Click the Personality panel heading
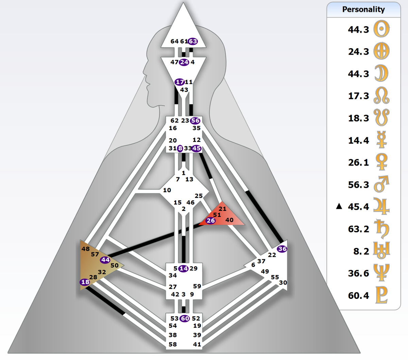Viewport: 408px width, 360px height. click(x=363, y=10)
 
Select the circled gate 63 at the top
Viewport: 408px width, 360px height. click(x=193, y=41)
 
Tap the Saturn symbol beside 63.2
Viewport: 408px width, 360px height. click(x=381, y=228)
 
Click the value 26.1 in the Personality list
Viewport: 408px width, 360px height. click(x=358, y=162)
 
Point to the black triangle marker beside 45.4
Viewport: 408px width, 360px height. click(x=339, y=206)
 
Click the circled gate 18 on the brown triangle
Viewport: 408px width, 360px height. click(x=85, y=282)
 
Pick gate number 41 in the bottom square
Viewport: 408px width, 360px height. click(x=197, y=344)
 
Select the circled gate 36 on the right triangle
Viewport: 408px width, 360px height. click(x=282, y=249)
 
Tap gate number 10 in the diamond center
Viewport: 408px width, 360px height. click(x=167, y=190)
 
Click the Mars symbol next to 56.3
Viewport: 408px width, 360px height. click(x=381, y=184)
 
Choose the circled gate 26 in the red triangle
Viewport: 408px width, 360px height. click(x=211, y=220)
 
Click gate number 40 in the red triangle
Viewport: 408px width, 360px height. click(x=230, y=220)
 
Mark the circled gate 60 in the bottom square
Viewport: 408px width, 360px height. click(x=185, y=318)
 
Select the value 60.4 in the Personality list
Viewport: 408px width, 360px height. click(x=358, y=295)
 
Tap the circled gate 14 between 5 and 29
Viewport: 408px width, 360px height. click(x=184, y=269)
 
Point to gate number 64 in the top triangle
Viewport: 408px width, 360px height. click(x=174, y=41)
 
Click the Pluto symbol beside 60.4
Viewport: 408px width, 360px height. click(x=381, y=295)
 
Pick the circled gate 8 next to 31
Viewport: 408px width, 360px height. click(x=180, y=148)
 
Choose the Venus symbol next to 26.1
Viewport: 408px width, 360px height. click(x=381, y=162)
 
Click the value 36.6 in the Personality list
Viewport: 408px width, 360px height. click(x=358, y=273)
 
